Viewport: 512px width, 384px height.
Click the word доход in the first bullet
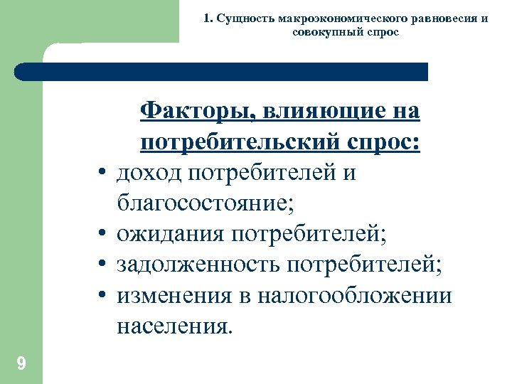click(151, 174)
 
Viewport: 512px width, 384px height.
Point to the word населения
click(175, 326)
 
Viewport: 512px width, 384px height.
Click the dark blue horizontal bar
click(220, 71)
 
